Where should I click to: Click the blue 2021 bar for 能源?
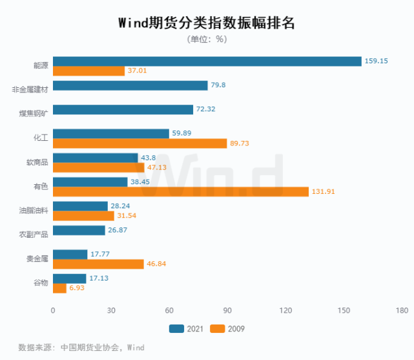(207, 61)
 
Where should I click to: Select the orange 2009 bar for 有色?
(181, 191)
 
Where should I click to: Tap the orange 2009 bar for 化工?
(140, 143)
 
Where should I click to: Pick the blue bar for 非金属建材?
(130, 85)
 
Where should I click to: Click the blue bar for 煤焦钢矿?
(123, 109)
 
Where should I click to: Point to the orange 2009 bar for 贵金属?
(98, 264)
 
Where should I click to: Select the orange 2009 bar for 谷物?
(59, 288)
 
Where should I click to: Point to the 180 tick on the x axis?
(402, 310)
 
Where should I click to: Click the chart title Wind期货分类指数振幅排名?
(206, 23)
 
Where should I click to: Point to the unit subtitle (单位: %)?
(207, 39)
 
